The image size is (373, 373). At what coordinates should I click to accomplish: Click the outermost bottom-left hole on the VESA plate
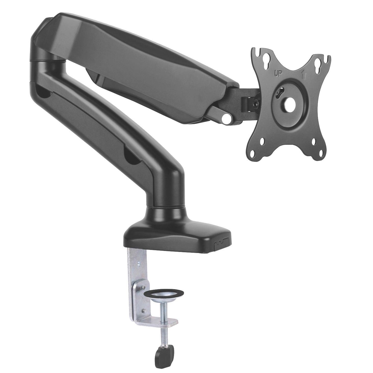point(254,154)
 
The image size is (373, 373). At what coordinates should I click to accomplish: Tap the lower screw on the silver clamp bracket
point(144,310)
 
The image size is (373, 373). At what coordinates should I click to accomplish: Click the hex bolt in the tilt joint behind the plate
point(256,103)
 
